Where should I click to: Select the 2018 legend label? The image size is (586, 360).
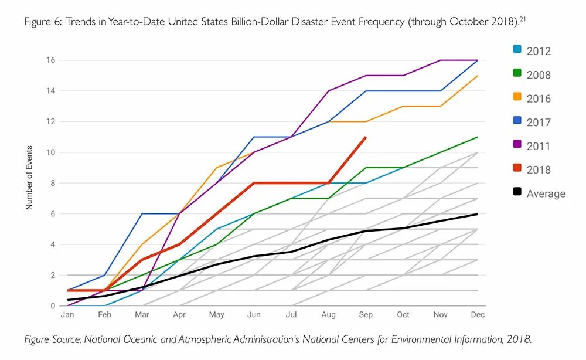pos(539,170)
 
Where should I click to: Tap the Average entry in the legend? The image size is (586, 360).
pos(546,194)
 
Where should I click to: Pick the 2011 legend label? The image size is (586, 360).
pos(539,146)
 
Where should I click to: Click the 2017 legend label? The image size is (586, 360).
pos(539,123)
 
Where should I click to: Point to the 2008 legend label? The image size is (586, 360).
pos(539,75)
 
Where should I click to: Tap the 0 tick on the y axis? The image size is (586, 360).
pos(53,306)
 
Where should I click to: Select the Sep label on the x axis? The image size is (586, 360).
pos(366,315)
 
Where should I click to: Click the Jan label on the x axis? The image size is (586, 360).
pos(67,315)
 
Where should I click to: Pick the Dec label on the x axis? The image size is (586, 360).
pos(478,315)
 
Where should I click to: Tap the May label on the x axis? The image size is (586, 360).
pos(217,315)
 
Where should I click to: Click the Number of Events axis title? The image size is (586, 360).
pos(29,178)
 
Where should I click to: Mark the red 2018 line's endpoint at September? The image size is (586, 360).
pos(366,137)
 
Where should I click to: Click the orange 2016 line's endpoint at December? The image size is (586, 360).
pos(478,76)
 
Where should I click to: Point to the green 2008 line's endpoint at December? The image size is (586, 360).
pos(478,137)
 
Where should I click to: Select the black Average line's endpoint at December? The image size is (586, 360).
pos(478,214)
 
